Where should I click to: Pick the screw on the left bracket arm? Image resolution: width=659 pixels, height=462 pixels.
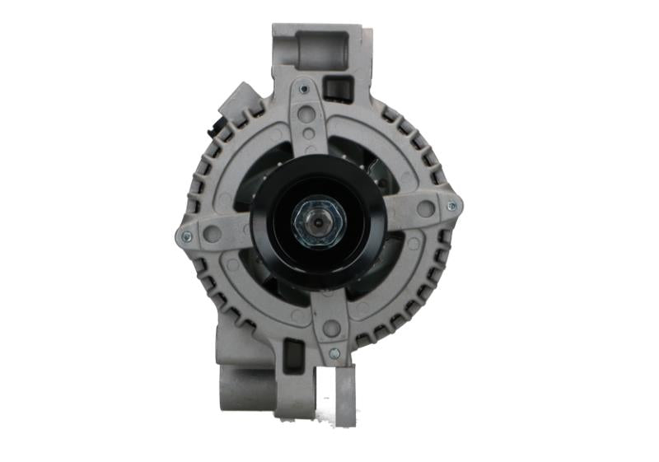pyautogui.click(x=185, y=236)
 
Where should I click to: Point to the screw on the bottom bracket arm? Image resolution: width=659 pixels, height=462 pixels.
pyautogui.click(x=334, y=353)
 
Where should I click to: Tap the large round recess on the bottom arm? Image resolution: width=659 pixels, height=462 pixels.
pyautogui.click(x=331, y=329)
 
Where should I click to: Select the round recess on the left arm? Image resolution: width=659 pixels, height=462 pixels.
pyautogui.click(x=212, y=233)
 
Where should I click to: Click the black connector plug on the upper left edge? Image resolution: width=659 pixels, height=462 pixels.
pyautogui.click(x=217, y=128)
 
